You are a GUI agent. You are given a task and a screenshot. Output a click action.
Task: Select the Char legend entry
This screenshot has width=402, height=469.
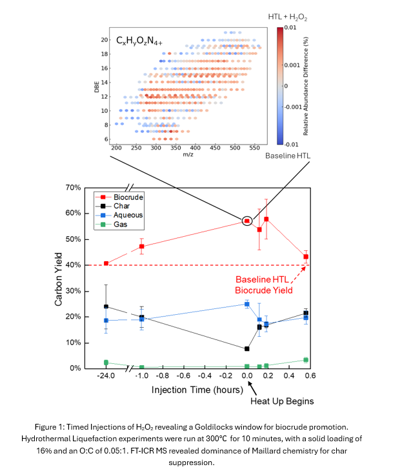click(x=121, y=206)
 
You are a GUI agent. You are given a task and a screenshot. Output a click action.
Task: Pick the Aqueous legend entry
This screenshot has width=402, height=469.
click(x=126, y=215)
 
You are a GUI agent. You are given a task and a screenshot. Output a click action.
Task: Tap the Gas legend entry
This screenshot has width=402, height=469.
click(x=119, y=225)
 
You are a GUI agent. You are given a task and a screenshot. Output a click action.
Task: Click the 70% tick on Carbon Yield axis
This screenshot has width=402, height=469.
click(x=90, y=188)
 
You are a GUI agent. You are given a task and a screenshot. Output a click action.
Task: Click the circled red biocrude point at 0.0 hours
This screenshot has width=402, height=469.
click(x=246, y=221)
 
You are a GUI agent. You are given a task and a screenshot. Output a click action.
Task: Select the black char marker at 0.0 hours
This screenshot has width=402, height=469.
click(x=246, y=349)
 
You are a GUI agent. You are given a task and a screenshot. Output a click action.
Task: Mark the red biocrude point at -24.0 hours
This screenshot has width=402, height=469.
click(x=106, y=263)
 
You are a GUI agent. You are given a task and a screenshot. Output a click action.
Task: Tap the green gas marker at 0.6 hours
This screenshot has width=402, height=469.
click(x=306, y=360)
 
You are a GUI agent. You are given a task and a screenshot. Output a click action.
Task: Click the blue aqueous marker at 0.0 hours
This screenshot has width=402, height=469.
click(x=246, y=304)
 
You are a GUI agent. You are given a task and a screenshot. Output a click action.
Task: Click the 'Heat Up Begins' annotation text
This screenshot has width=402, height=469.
click(x=282, y=401)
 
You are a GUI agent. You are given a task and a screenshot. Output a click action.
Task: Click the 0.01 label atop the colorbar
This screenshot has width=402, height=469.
click(x=290, y=28)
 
